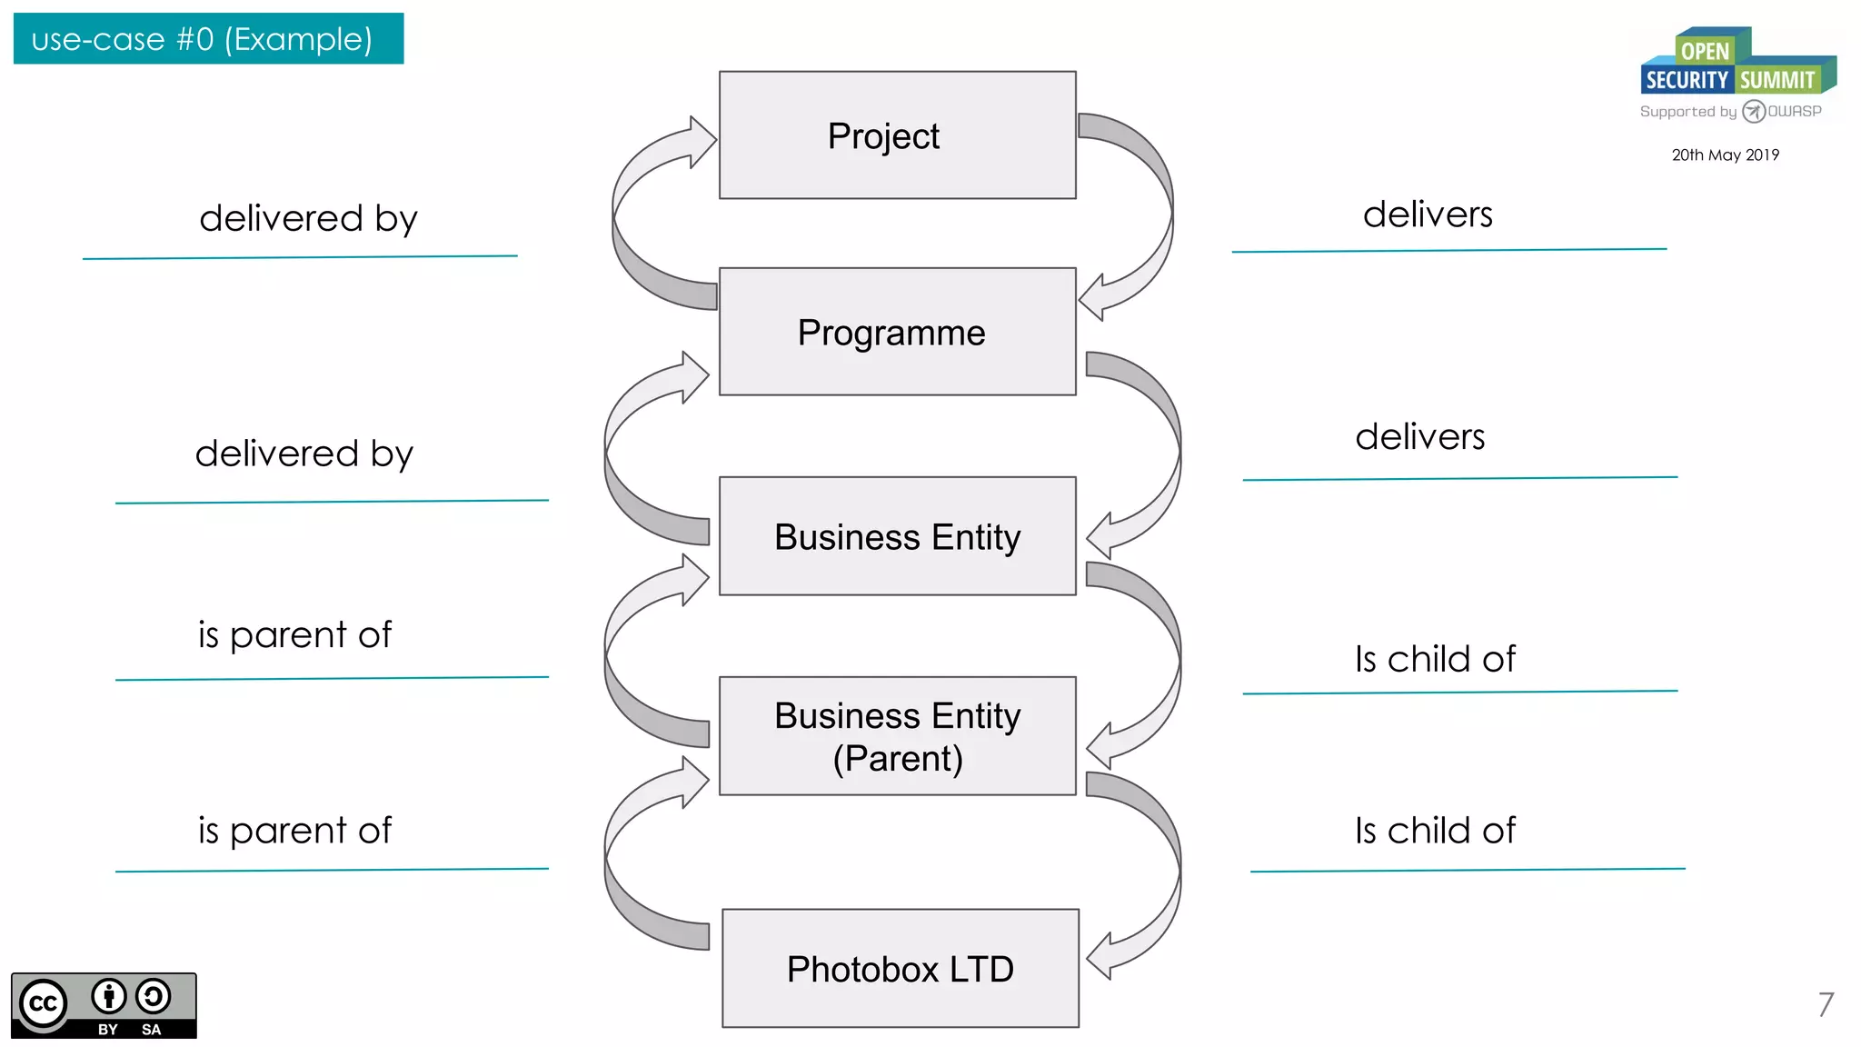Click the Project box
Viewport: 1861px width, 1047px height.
click(x=897, y=135)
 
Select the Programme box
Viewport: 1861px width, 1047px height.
click(x=897, y=332)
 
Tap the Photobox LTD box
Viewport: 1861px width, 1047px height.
click(x=900, y=969)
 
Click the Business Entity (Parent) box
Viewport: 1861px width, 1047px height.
click(x=897, y=736)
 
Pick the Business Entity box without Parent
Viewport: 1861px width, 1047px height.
click(x=897, y=536)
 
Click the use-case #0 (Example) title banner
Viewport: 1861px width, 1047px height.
click(x=208, y=39)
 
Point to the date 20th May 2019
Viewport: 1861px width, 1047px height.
click(x=1725, y=155)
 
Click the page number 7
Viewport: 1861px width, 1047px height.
click(x=1825, y=1004)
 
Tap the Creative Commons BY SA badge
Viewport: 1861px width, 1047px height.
click(x=104, y=1005)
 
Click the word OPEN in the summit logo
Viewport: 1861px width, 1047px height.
click(x=1705, y=52)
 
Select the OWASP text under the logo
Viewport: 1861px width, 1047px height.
click(x=1794, y=112)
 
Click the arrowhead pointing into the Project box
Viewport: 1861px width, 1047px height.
click(x=702, y=142)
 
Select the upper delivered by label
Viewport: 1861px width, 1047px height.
click(x=308, y=219)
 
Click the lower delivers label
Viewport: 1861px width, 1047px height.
click(x=1419, y=437)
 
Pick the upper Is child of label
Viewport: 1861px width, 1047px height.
click(x=1435, y=659)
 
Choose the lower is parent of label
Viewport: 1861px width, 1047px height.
click(x=294, y=831)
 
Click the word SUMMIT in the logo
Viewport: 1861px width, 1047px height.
click(x=1776, y=80)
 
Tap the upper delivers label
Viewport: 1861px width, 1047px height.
click(x=1428, y=214)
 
